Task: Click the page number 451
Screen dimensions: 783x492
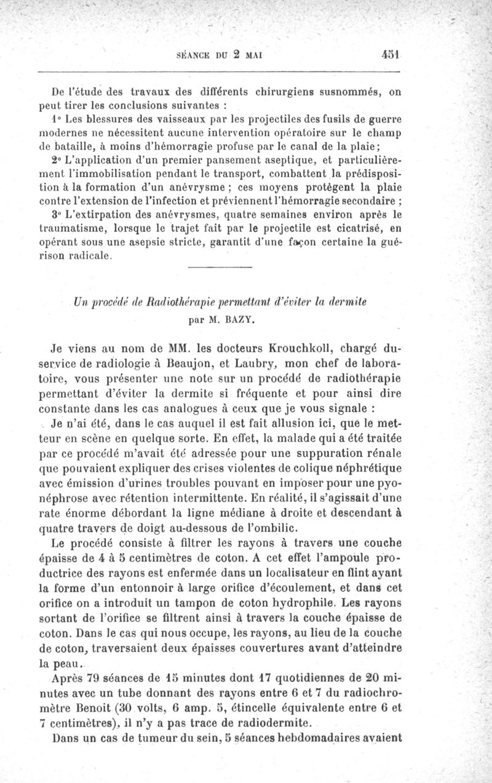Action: point(391,54)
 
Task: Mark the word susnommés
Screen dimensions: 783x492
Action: point(349,93)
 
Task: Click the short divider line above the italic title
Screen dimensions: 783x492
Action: point(219,266)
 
